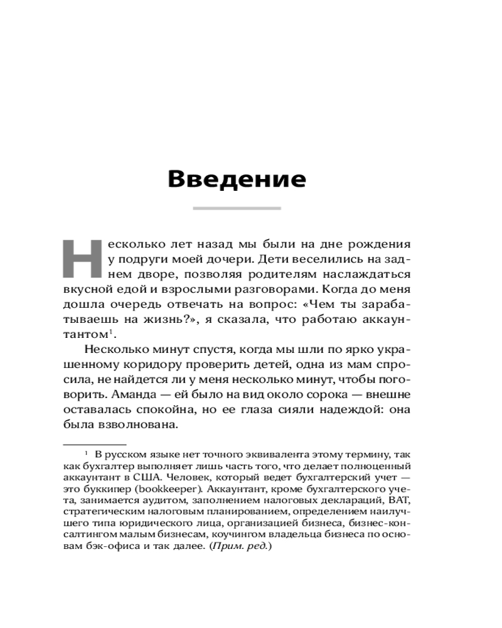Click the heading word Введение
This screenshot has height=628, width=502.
pos(237,179)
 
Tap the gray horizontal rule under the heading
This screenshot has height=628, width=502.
pos(237,208)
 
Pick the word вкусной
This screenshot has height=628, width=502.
pos(87,290)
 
